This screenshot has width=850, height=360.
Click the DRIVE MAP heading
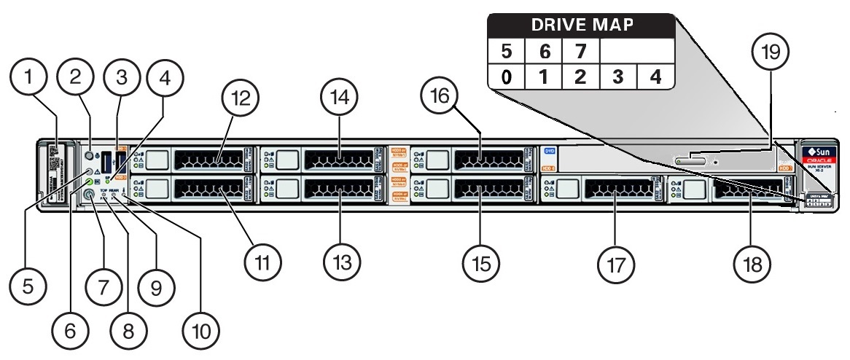pos(580,26)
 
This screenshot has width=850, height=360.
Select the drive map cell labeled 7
pos(580,52)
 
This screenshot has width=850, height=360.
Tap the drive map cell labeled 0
pos(506,77)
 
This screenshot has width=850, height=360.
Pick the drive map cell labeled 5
pos(506,52)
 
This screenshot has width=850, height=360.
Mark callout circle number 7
pos(103,285)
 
